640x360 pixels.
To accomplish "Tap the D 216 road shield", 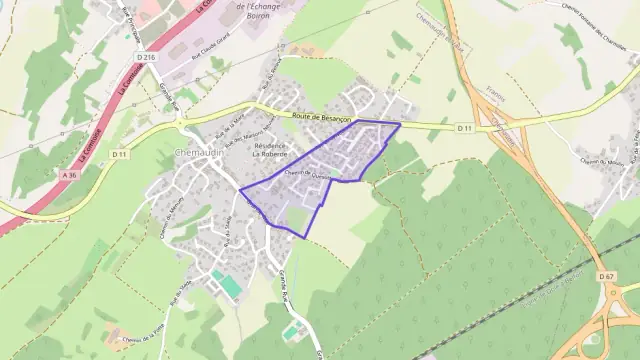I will [x=149, y=57].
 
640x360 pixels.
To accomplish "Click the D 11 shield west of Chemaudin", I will [x=119, y=153].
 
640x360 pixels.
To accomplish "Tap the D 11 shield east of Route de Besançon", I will [x=464, y=128].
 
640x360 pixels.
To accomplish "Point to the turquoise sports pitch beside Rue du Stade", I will [x=231, y=287].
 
